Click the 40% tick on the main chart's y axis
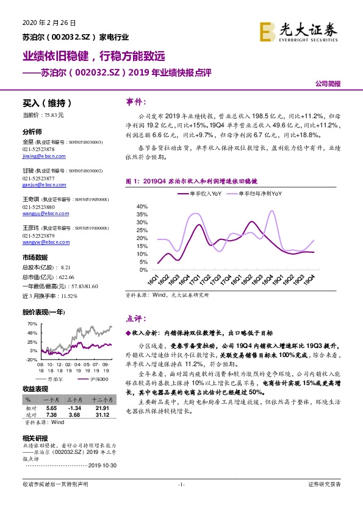point(143,205)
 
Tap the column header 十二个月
point(101,400)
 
